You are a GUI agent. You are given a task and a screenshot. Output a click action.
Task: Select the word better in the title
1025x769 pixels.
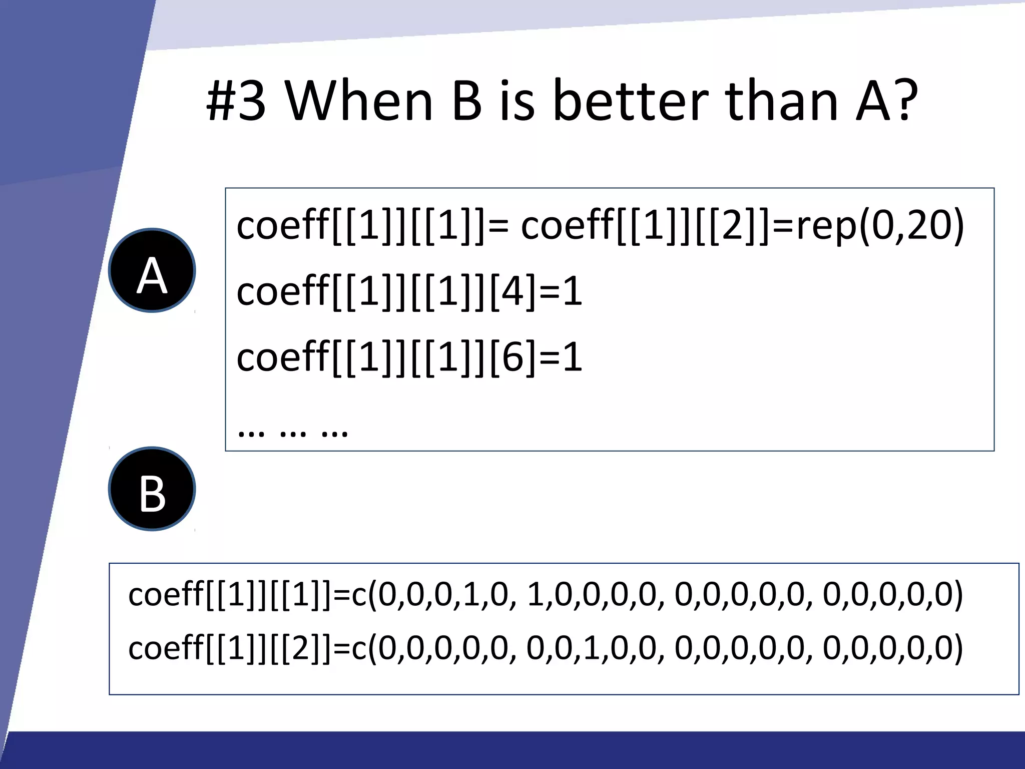point(631,102)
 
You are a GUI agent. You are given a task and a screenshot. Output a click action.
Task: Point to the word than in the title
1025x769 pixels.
point(781,102)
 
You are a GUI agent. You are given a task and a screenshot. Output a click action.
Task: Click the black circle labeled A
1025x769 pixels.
point(152,270)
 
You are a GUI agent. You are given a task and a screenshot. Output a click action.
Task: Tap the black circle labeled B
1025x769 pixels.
point(152,489)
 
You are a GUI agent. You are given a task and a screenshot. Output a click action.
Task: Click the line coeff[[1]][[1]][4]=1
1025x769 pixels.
point(409,291)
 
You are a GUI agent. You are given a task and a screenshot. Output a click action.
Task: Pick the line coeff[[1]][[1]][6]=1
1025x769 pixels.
point(409,357)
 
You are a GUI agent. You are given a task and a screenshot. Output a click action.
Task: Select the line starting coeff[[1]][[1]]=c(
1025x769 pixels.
point(546,595)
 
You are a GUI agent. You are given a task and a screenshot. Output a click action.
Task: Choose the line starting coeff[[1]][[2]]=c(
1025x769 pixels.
point(546,648)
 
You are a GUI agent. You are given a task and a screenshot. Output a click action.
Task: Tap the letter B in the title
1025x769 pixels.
point(466,102)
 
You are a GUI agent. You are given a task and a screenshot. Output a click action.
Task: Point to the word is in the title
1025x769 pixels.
point(518,102)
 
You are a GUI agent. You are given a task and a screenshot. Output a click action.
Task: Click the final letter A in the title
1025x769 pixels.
point(873,102)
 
